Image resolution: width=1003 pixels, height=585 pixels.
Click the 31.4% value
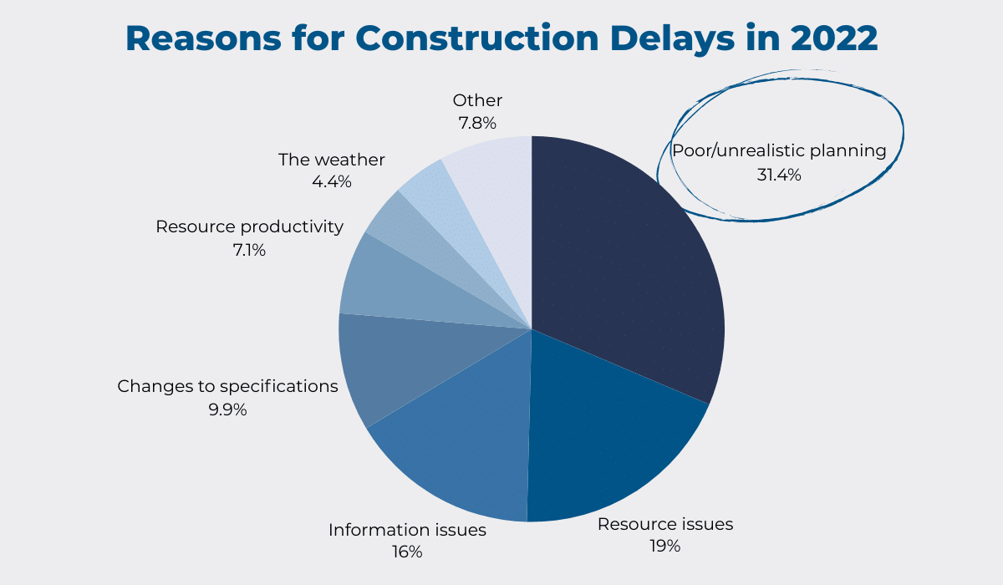(x=779, y=175)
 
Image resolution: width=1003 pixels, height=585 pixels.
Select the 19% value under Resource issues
(x=665, y=546)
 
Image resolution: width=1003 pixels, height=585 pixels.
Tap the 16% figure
(x=407, y=552)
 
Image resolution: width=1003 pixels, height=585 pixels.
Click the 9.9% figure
(x=227, y=409)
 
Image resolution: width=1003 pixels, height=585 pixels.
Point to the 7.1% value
(x=249, y=250)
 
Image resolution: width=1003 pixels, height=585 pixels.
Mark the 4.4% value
(x=331, y=181)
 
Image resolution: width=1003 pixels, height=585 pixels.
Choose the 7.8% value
(x=477, y=123)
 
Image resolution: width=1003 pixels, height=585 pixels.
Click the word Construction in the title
(x=477, y=38)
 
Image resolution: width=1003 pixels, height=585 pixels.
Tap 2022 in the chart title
(x=834, y=38)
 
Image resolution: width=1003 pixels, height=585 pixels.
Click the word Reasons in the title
(x=203, y=38)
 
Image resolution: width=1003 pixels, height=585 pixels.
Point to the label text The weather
(x=331, y=160)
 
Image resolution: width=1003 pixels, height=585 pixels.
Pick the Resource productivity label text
(x=249, y=227)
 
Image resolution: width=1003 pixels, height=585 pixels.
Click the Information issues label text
(x=407, y=530)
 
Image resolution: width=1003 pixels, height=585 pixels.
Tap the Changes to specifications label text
(x=227, y=386)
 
